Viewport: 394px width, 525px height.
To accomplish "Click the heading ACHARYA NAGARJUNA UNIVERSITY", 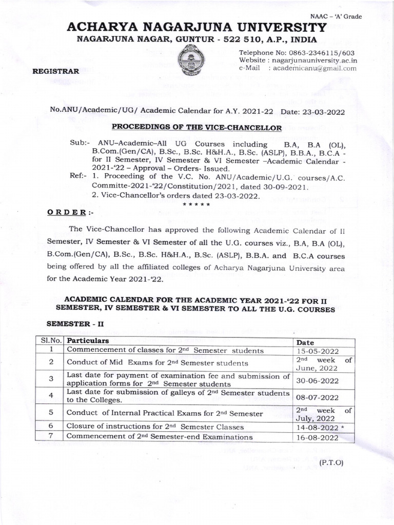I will [197, 28].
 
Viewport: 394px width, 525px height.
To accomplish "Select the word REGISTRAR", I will [56, 72].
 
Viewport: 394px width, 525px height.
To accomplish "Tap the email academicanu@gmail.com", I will [314, 68].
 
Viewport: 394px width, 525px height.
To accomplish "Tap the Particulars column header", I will [88, 340].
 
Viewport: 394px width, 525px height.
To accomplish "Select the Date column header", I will [305, 342].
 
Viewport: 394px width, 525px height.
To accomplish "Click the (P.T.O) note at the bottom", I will [331, 462].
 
